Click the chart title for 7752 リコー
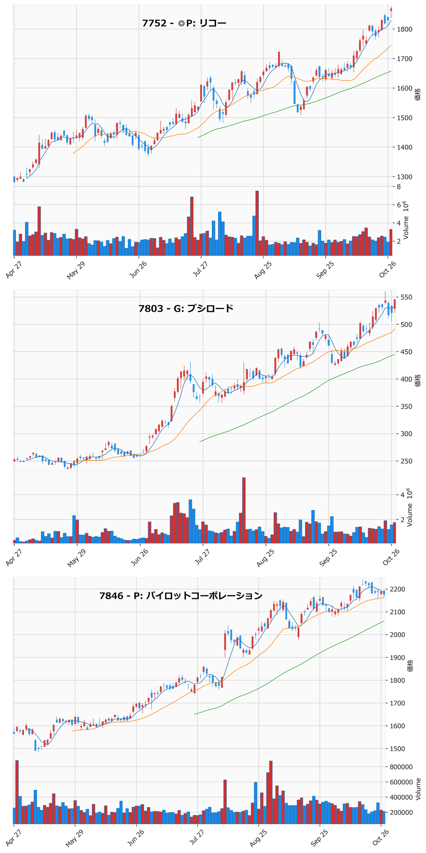tap(184, 23)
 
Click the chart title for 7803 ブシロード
tap(186, 308)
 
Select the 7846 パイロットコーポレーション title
tap(181, 595)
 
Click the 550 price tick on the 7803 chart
tap(407, 297)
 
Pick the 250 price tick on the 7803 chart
tap(407, 461)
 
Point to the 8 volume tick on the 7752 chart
tap(399, 187)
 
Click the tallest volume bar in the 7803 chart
tap(244, 511)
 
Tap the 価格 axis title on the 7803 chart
tap(418, 380)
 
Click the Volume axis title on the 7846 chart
tap(418, 789)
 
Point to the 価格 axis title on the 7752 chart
tap(418, 94)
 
